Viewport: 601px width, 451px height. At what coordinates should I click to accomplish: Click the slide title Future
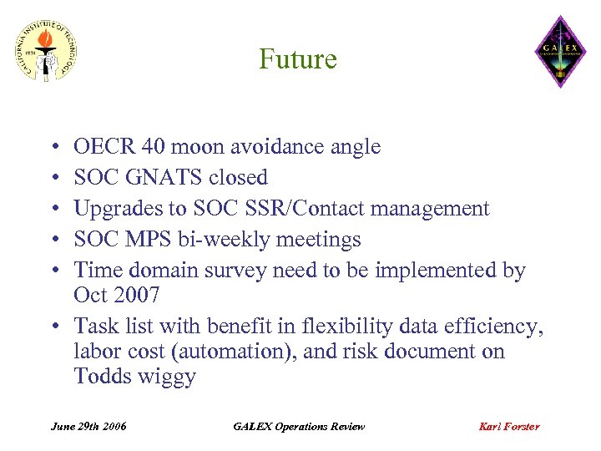[298, 59]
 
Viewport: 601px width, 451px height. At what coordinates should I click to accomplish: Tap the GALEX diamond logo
[560, 51]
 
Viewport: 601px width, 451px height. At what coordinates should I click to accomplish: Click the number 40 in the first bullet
[153, 147]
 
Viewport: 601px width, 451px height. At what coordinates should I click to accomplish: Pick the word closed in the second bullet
[238, 178]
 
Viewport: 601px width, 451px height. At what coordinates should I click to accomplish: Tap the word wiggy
[168, 377]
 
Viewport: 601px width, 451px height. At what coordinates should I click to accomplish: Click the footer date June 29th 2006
[88, 426]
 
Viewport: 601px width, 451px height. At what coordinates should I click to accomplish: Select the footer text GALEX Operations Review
[298, 426]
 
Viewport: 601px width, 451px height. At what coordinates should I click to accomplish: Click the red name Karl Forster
[508, 426]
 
